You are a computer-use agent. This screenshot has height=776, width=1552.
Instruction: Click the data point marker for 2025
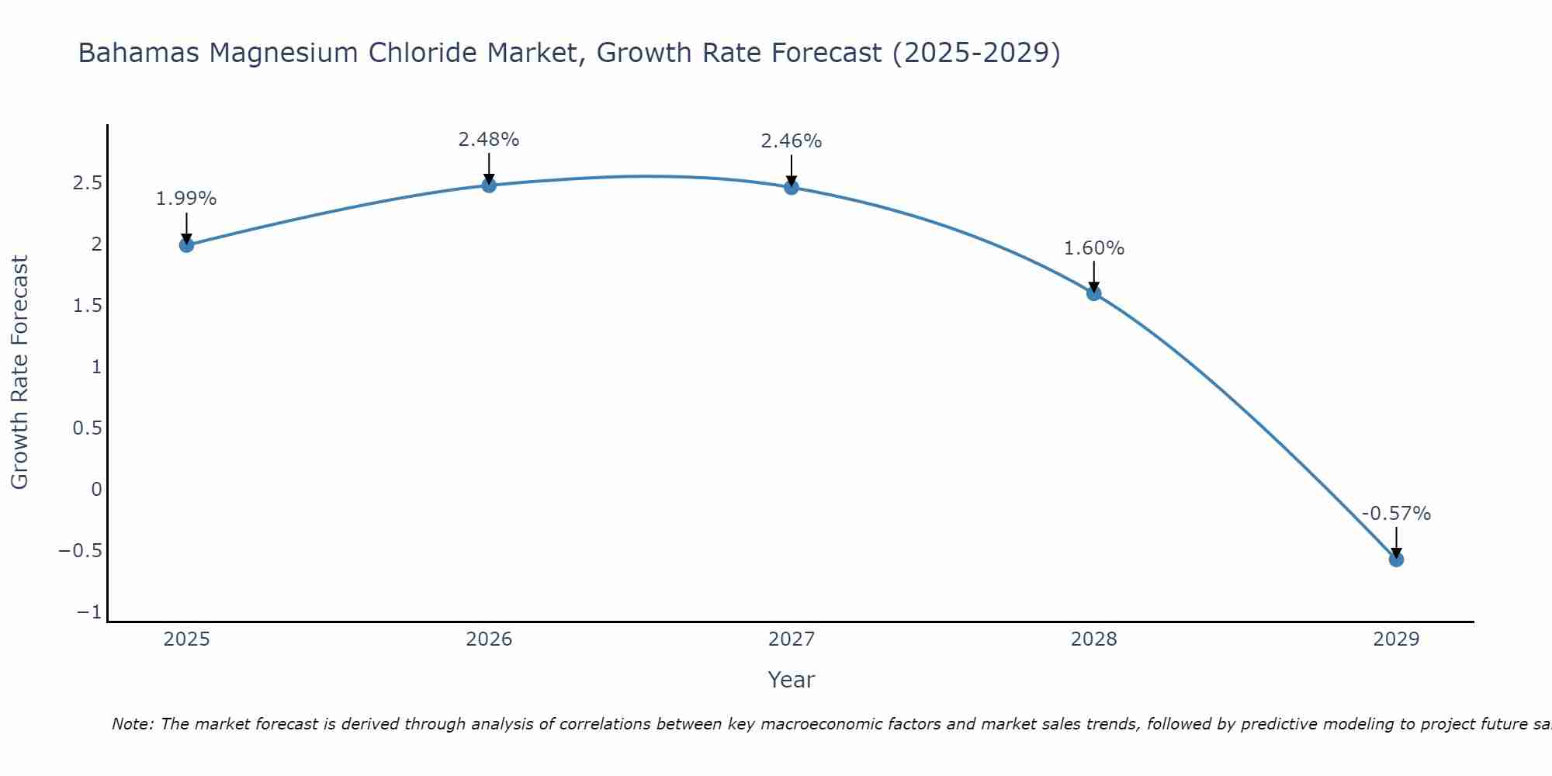[186, 245]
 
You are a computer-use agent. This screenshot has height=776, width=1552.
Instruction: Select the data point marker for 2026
[489, 185]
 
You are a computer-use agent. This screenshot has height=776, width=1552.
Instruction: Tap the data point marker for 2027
[792, 187]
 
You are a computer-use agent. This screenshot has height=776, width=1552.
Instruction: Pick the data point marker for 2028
[1094, 293]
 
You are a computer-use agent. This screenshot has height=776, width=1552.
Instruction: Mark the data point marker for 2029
[1396, 559]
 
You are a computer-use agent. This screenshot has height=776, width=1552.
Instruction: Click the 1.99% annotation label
[186, 199]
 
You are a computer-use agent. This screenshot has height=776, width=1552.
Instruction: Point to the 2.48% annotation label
[489, 140]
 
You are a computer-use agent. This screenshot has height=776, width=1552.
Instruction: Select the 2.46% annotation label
[792, 141]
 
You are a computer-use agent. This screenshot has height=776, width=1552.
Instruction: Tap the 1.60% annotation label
[1094, 248]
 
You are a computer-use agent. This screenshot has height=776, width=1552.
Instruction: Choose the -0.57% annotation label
[1396, 514]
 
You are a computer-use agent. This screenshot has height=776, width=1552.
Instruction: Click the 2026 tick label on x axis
[489, 639]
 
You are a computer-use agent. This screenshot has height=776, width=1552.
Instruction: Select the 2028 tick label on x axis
[1094, 639]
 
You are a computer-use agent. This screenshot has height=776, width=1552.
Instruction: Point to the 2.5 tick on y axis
[88, 183]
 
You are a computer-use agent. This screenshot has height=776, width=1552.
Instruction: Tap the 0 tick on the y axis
[96, 490]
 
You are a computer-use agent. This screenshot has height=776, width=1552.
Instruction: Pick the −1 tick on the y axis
[89, 613]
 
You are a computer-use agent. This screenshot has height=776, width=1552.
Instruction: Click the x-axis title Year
[791, 681]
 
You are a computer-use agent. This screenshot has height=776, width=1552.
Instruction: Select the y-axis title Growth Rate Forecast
[20, 372]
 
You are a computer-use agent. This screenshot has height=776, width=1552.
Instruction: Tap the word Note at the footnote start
[132, 724]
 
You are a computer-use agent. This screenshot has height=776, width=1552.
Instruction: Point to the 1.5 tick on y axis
[88, 306]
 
